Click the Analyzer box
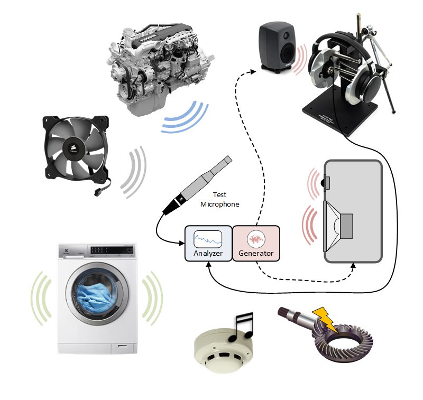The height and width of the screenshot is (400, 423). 208,244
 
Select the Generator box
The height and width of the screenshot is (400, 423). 256,244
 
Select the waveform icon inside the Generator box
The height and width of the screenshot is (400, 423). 256,237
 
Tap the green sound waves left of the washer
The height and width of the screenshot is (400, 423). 42,298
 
